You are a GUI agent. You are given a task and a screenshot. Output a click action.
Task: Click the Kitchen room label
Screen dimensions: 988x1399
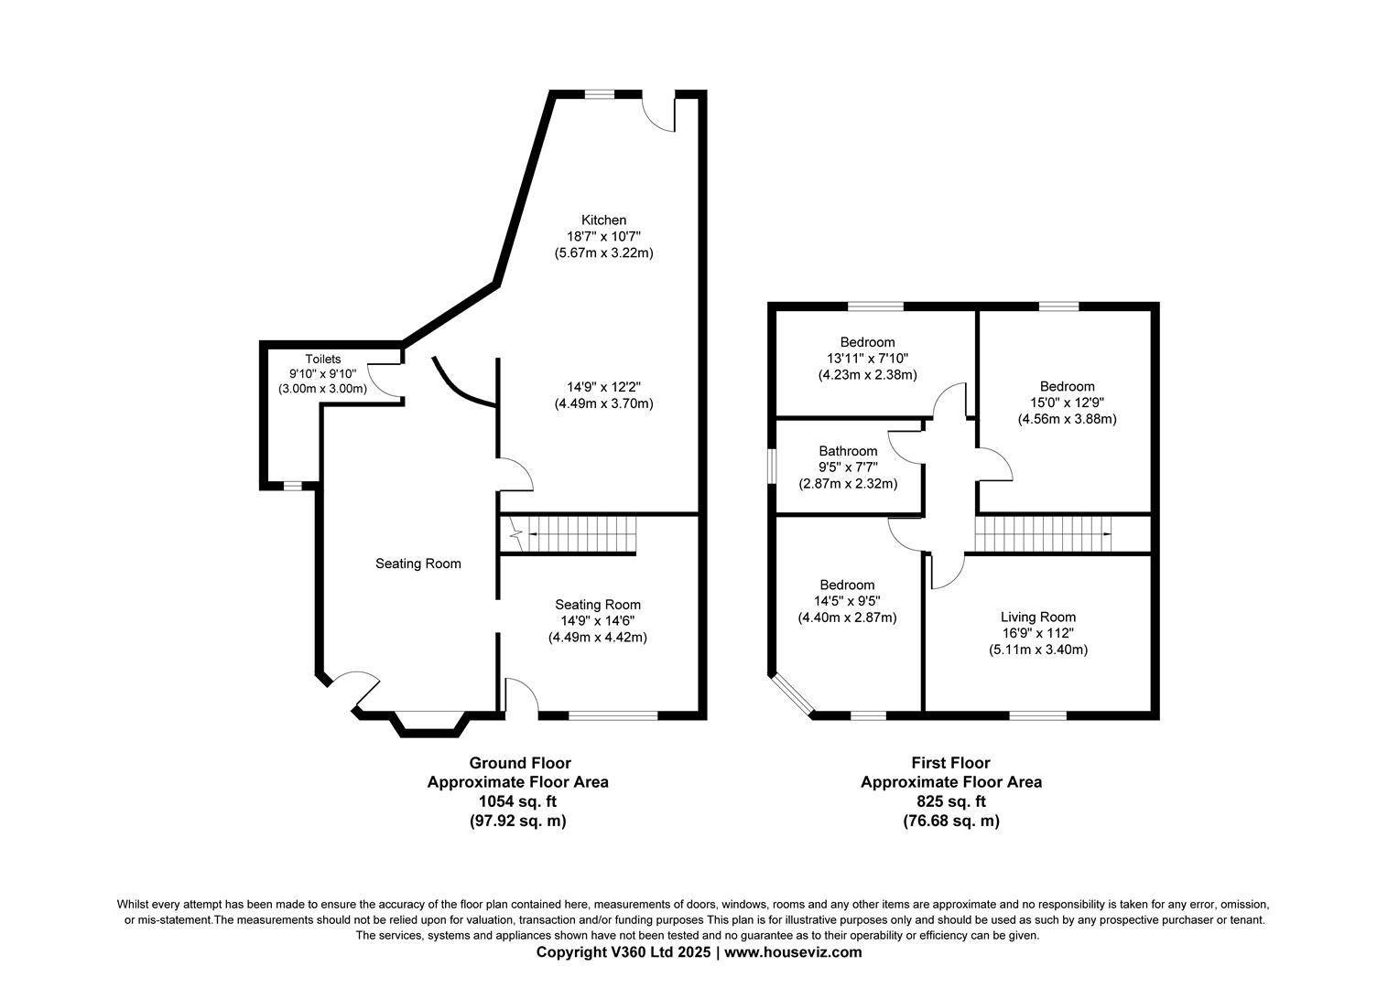tap(603, 220)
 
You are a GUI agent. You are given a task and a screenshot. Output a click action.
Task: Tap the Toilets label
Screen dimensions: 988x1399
tap(322, 360)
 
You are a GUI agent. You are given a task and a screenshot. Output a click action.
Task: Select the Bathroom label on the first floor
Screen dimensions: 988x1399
tap(848, 451)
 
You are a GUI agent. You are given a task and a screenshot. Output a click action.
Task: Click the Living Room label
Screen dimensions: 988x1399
tap(1037, 617)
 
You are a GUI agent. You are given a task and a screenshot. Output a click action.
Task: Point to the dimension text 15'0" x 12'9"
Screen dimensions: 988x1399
tap(1067, 403)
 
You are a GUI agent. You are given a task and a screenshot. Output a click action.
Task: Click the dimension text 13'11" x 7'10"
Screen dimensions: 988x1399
tap(867, 359)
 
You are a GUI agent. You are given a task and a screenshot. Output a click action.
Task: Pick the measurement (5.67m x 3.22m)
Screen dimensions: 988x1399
tap(603, 252)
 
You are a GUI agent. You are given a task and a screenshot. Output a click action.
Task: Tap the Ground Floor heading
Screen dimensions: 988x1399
tap(519, 763)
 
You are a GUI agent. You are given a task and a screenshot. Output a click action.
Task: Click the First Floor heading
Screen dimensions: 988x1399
tap(950, 763)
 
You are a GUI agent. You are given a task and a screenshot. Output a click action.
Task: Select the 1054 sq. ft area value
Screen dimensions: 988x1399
tap(517, 801)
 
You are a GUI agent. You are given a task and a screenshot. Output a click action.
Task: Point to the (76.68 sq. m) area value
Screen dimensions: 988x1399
tap(950, 821)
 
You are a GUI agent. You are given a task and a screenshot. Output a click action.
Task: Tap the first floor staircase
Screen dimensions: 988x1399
tap(1044, 534)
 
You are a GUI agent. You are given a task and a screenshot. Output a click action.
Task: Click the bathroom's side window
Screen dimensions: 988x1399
tap(772, 465)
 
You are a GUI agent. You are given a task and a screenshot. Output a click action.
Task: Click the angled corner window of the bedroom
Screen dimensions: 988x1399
tap(792, 695)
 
